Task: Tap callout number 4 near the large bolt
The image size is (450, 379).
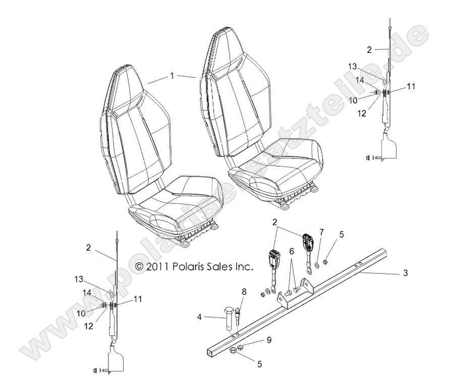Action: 200,317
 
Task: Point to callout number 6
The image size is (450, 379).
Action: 291,251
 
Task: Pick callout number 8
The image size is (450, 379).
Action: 244,291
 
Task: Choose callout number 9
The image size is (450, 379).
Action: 269,340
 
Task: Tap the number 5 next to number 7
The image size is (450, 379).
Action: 342,234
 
